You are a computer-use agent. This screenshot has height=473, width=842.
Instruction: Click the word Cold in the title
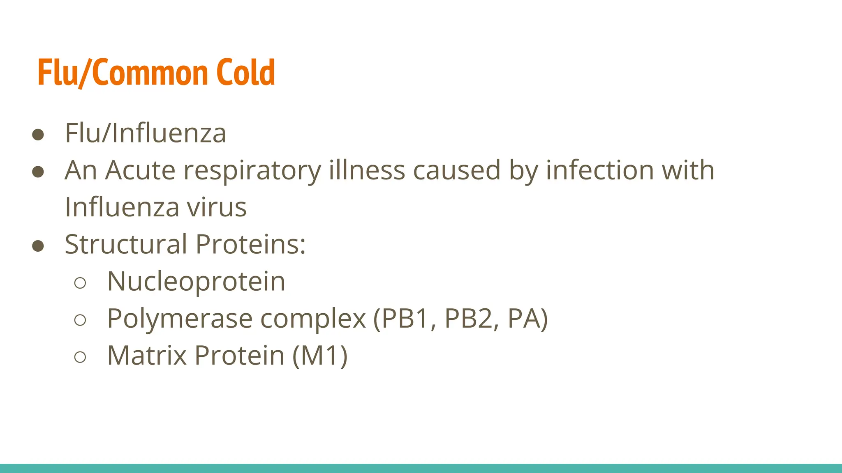tap(245, 73)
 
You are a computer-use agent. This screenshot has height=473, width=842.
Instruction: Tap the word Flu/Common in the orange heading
tap(123, 73)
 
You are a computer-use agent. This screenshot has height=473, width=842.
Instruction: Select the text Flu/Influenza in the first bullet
tap(146, 133)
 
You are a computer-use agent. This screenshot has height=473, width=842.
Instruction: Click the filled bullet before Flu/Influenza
tap(38, 135)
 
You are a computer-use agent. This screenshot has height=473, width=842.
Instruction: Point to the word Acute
tap(140, 170)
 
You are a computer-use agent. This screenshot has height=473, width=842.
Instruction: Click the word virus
tap(217, 207)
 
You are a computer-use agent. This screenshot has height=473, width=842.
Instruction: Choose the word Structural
tap(126, 244)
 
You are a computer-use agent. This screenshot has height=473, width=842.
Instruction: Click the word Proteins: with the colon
tap(250, 244)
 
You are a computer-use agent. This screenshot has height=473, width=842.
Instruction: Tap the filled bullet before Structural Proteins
tap(38, 246)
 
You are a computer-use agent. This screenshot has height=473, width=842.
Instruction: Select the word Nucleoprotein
tap(196, 282)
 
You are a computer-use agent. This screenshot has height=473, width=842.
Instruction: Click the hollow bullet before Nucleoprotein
tap(80, 283)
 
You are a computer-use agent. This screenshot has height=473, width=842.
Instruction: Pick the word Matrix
tap(147, 355)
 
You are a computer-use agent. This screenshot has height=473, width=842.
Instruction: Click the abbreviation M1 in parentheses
tap(320, 356)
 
